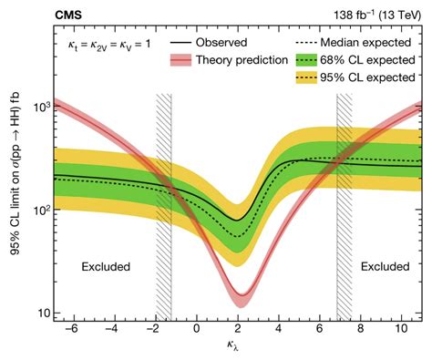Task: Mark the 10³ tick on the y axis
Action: pyautogui.click(x=41, y=107)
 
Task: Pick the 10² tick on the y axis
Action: pyautogui.click(x=41, y=210)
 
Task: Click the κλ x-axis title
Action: pyautogui.click(x=238, y=350)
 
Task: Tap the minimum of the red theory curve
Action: pyautogui.click(x=240, y=298)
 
